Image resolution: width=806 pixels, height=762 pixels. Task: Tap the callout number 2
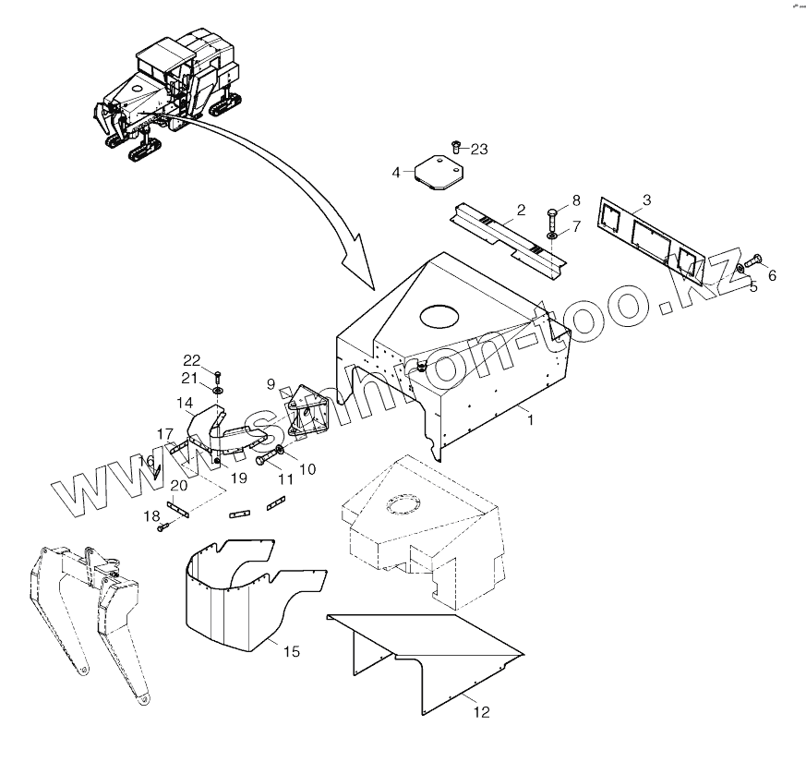click(x=521, y=211)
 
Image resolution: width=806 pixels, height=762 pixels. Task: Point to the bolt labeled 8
click(x=550, y=218)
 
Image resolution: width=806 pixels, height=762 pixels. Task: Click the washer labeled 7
click(x=550, y=236)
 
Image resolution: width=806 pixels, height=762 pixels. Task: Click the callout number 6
click(x=772, y=274)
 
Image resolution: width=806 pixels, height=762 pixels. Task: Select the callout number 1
click(x=529, y=419)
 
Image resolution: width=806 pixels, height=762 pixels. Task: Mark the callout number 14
click(x=185, y=403)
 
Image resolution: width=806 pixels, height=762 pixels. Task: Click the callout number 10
click(x=307, y=469)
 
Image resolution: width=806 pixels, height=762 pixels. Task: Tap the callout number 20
click(x=179, y=486)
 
